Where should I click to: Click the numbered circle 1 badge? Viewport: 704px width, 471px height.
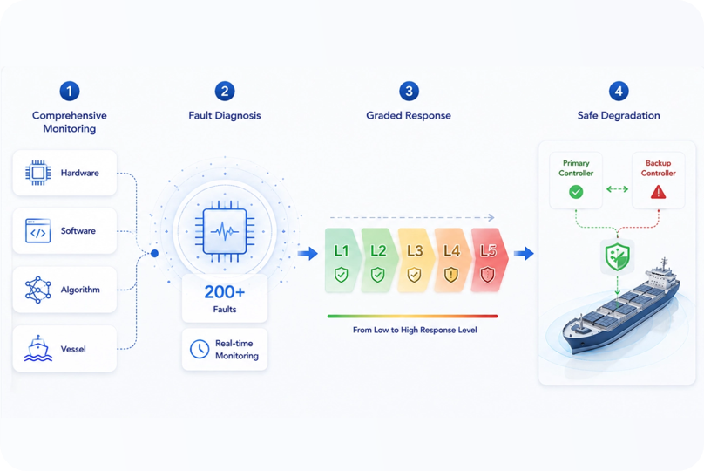coord(70,92)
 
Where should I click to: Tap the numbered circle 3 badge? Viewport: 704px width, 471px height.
coord(409,92)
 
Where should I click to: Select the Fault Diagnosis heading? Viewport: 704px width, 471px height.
coord(225,115)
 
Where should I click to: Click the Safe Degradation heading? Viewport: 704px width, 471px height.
coord(619,115)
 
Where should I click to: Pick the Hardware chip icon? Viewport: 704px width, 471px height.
coord(38,173)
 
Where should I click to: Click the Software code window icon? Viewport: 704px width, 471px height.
coord(38,230)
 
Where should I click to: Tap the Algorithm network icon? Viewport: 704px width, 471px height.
coord(37,290)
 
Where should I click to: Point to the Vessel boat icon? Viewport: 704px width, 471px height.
coord(37,349)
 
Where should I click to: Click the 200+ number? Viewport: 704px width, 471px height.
coord(225,292)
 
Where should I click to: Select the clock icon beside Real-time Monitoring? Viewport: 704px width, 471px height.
coord(200,349)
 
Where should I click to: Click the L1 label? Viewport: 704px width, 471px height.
coord(342,251)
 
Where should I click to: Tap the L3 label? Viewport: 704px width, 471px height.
coord(415,251)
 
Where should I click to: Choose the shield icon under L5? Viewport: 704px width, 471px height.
coord(488,275)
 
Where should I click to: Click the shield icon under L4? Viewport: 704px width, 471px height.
coord(450,275)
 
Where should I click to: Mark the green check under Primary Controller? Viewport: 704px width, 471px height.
coord(576,192)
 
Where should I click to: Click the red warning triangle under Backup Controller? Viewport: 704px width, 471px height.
coord(658,193)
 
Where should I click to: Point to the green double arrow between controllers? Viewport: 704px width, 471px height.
coord(618,189)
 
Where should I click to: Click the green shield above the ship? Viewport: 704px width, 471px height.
coord(618,257)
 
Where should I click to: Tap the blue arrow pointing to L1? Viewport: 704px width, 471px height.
coord(308,254)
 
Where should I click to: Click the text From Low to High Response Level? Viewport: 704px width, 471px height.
coord(415,330)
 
